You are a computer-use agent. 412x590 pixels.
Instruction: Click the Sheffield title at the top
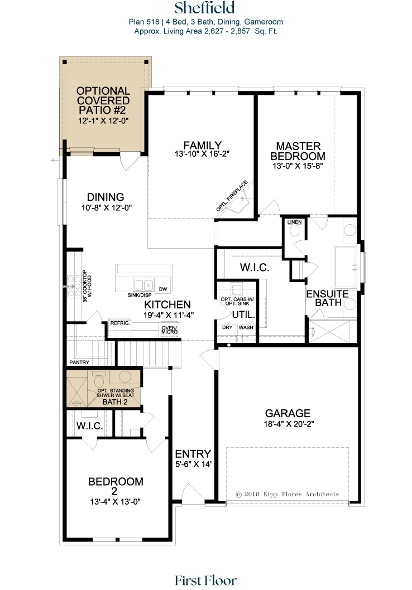click(x=204, y=7)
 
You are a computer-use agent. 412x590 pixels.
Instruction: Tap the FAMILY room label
click(x=202, y=145)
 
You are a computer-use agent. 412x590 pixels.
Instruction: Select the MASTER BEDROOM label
click(x=298, y=151)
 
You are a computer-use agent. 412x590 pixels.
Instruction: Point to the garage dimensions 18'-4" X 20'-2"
click(x=289, y=424)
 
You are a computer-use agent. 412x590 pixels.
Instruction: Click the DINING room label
click(x=106, y=197)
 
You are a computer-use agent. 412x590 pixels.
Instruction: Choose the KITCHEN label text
click(x=167, y=304)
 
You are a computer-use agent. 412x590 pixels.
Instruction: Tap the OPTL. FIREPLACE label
click(x=232, y=196)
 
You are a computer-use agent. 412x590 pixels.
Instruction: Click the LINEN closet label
click(x=295, y=222)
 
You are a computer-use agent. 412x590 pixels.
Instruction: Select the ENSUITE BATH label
click(x=327, y=298)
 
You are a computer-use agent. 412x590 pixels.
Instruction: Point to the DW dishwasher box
click(x=163, y=289)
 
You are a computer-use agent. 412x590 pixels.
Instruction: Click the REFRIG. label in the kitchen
click(x=120, y=323)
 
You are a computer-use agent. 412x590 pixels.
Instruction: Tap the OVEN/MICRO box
click(x=170, y=330)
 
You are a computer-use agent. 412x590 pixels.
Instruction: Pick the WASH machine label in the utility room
click(x=246, y=327)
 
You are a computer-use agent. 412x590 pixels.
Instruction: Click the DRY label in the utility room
click(x=227, y=327)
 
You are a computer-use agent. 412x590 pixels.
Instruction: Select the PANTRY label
click(x=79, y=362)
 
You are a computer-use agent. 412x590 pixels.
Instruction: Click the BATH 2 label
click(x=115, y=402)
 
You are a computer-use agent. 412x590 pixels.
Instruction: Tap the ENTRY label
click(x=193, y=454)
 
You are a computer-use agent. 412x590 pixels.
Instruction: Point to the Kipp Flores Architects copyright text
click(x=287, y=494)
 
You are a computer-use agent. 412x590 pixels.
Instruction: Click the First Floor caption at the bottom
click(x=206, y=580)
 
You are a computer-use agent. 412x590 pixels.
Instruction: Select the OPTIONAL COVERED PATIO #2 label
click(x=103, y=100)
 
